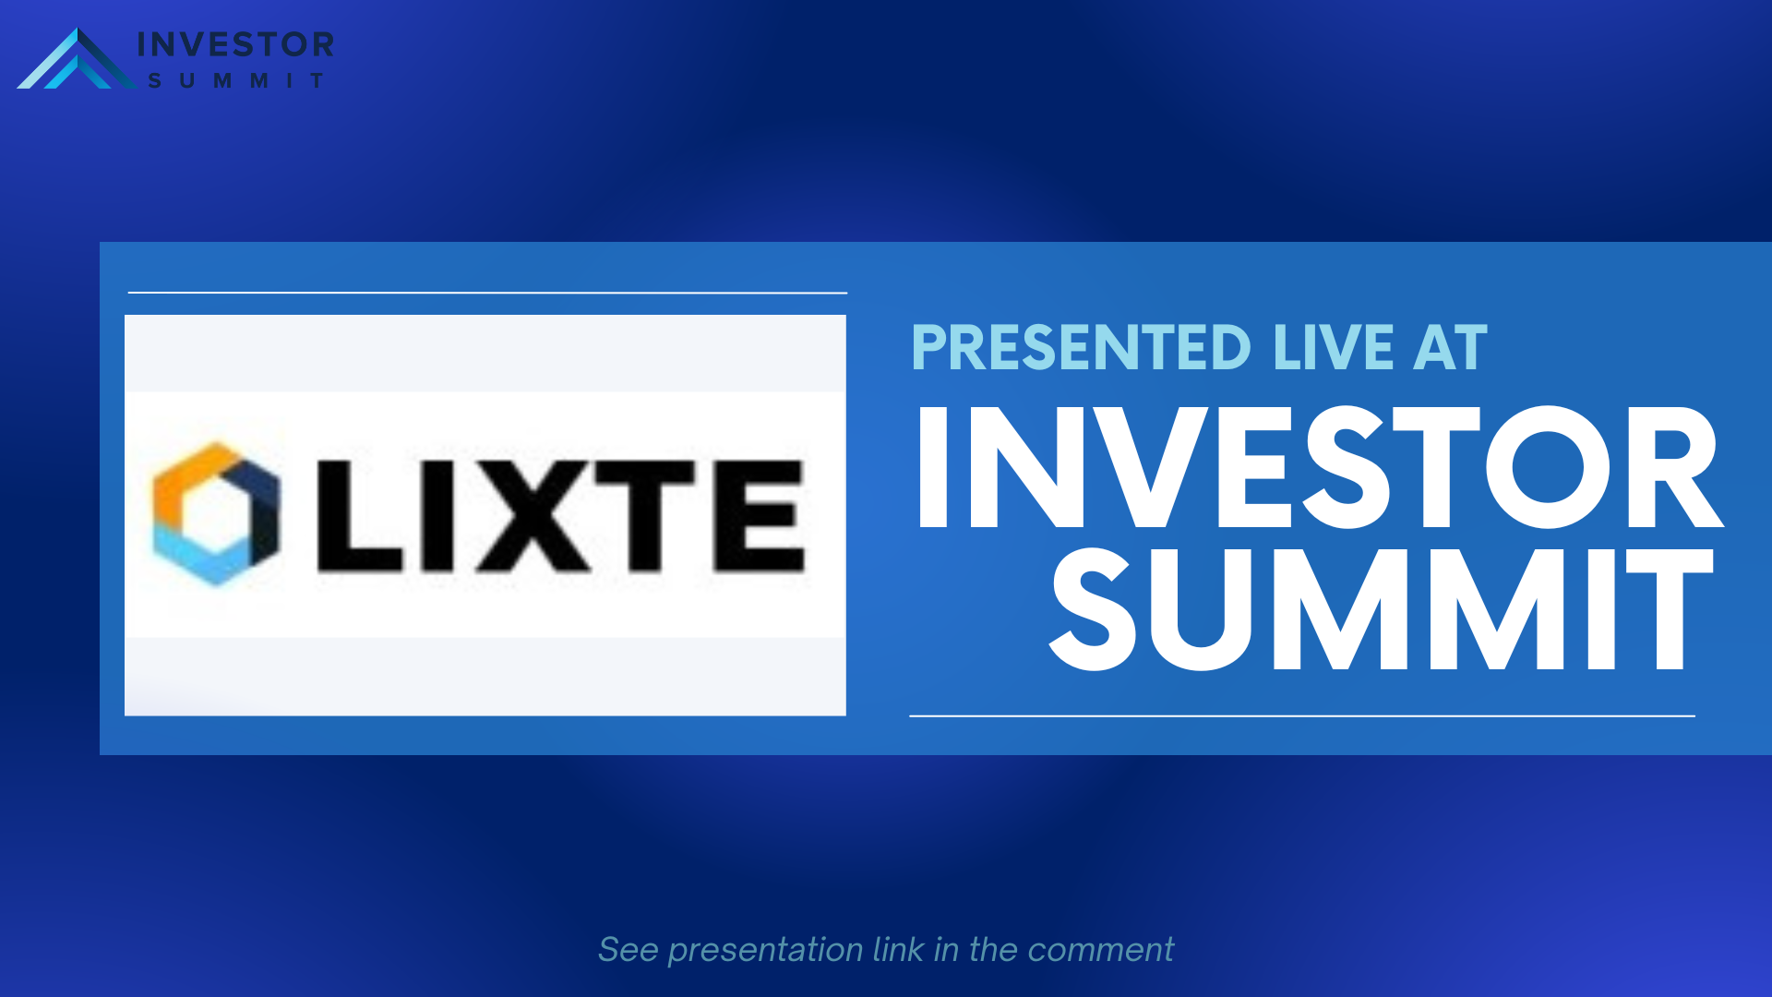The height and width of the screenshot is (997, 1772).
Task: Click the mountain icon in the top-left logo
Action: (78, 61)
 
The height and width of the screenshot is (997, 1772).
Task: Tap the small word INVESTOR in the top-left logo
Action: (235, 44)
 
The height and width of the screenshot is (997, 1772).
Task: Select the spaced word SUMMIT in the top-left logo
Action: (236, 81)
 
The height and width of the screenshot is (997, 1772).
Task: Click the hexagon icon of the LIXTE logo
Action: (215, 513)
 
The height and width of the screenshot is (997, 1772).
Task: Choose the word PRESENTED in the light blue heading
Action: (1081, 348)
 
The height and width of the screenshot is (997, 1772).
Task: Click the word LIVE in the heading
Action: (1334, 348)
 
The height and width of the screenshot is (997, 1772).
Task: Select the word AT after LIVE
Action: (1450, 348)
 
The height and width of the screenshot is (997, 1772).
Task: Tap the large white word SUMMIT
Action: (1382, 609)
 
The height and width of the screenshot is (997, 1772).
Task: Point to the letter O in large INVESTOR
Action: (1548, 467)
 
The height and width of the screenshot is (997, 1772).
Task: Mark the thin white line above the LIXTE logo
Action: (487, 293)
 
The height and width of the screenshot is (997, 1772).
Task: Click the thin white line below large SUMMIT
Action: (1302, 715)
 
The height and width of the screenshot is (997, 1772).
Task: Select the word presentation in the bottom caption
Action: (765, 951)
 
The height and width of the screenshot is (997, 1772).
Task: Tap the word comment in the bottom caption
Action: (1100, 950)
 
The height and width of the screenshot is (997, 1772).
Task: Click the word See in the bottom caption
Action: (629, 950)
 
